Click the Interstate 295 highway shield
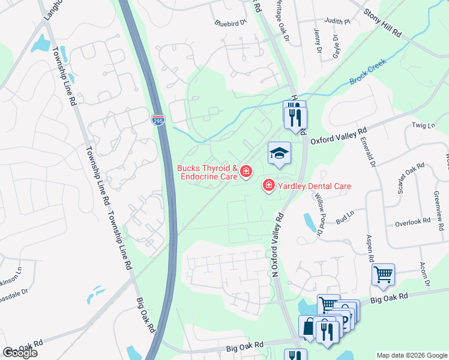pos(157,119)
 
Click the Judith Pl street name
pos(337,20)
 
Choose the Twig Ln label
pos(423,125)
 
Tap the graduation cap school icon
pos(279,154)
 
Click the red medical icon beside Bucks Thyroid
pos(246,173)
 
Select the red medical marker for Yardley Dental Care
pos(268,186)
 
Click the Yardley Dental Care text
pos(314,186)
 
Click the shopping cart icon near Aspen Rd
pos(383,275)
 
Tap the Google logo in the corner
pos(20,353)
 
